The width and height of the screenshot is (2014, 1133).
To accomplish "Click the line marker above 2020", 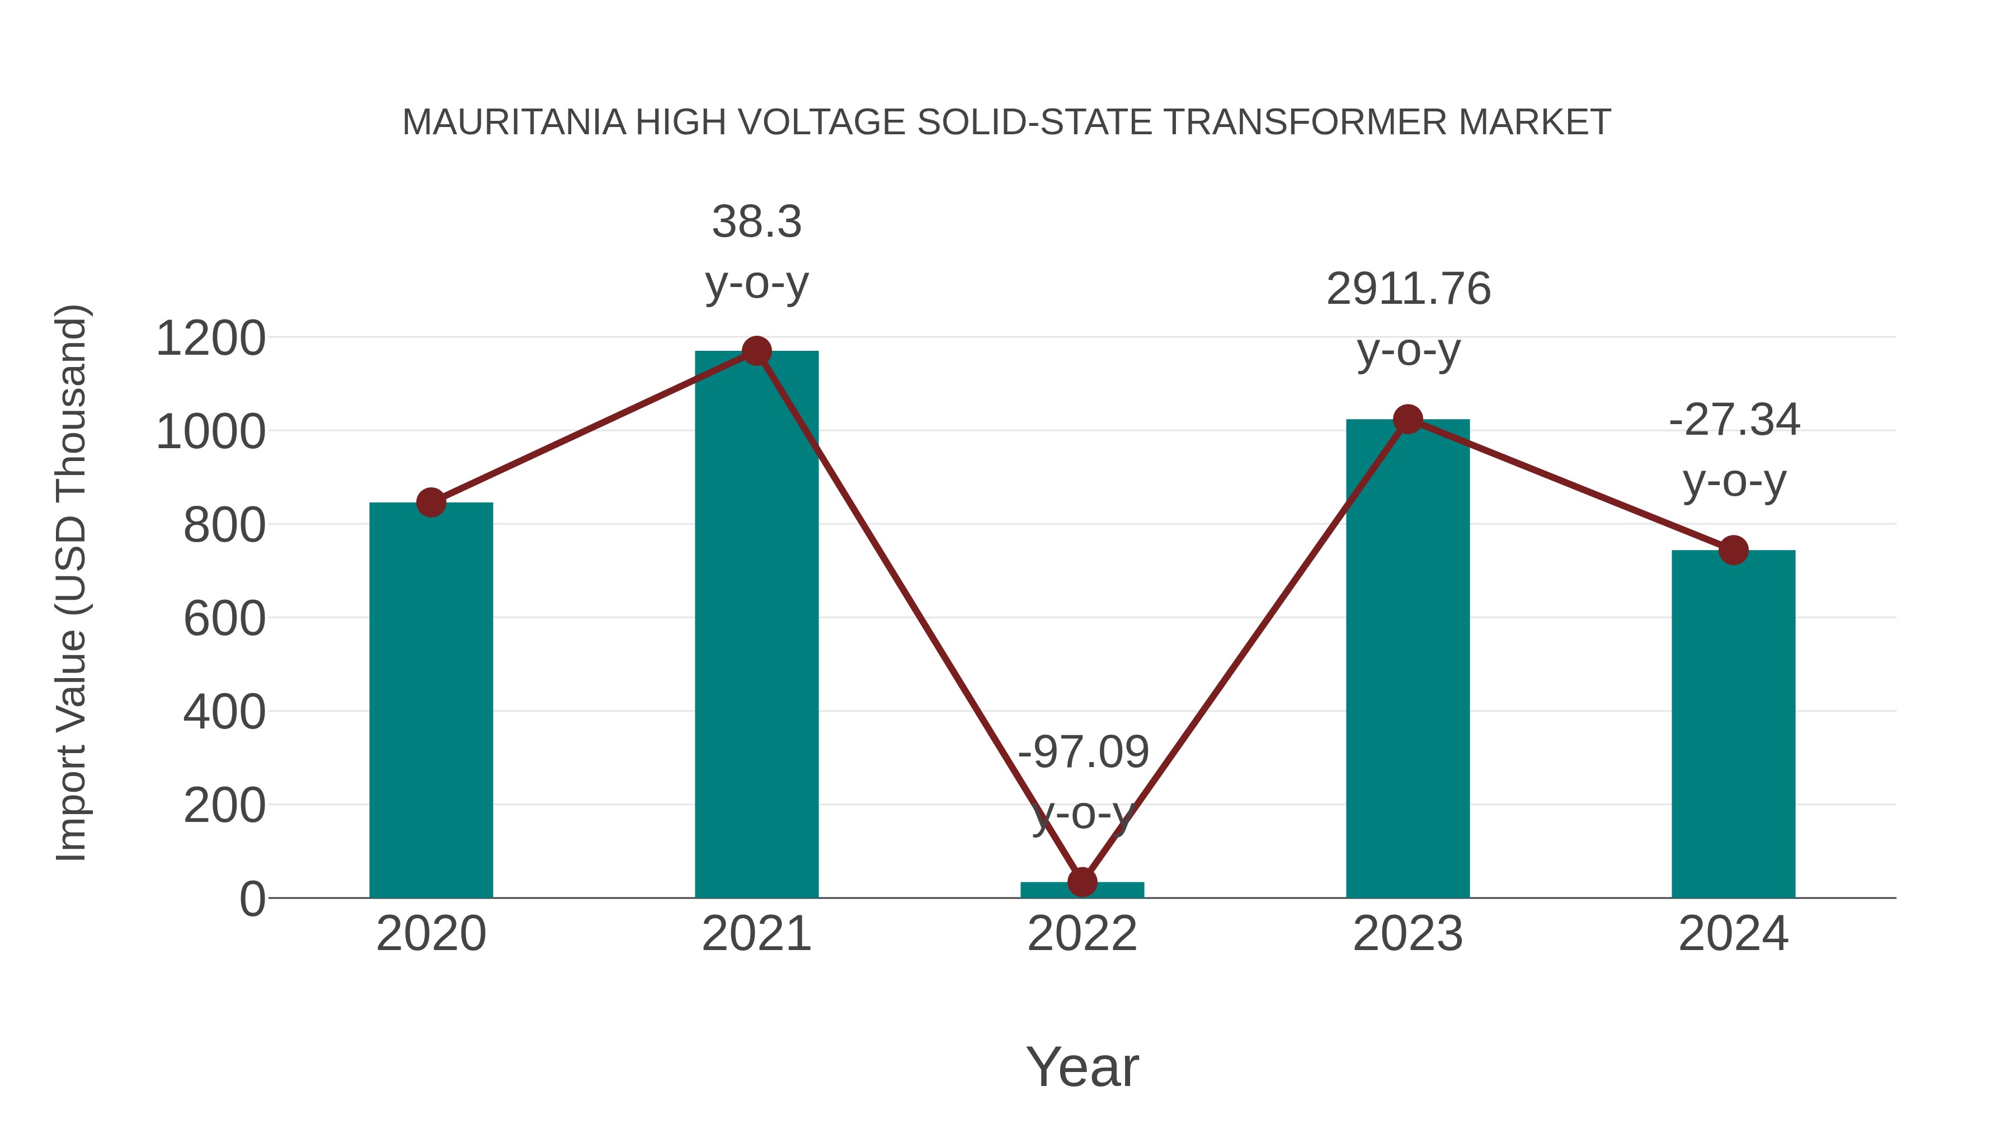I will pos(431,503).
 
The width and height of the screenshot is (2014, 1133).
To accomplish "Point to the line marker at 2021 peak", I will pos(756,351).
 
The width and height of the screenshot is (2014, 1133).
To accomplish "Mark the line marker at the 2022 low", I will pos(1082,882).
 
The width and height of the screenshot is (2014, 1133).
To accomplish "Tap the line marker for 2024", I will pos(1733,551).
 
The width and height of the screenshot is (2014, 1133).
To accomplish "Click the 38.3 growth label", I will pos(756,222).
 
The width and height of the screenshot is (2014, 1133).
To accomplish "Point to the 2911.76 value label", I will pos(1408,289).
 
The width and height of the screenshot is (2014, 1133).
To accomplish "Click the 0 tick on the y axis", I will pos(252,899).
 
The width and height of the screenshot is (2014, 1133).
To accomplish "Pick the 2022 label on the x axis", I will pos(1082,934).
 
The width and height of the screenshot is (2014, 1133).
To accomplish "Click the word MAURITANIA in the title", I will pos(514,123).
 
